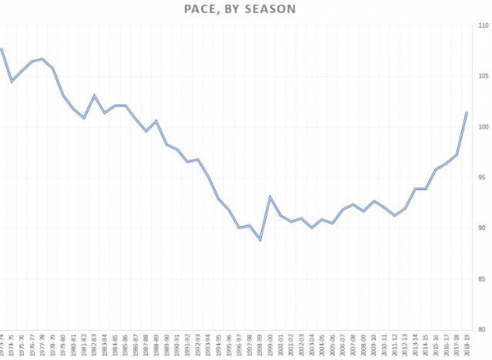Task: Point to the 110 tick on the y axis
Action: pos(482,25)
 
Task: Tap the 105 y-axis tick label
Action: pos(482,76)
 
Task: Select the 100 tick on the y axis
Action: pos(482,127)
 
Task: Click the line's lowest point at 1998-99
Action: pos(260,240)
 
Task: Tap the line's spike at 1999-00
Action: pos(270,197)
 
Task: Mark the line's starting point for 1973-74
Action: pos(2,48)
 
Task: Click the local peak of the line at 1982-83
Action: pos(94,95)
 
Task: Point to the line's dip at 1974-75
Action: pos(12,81)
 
